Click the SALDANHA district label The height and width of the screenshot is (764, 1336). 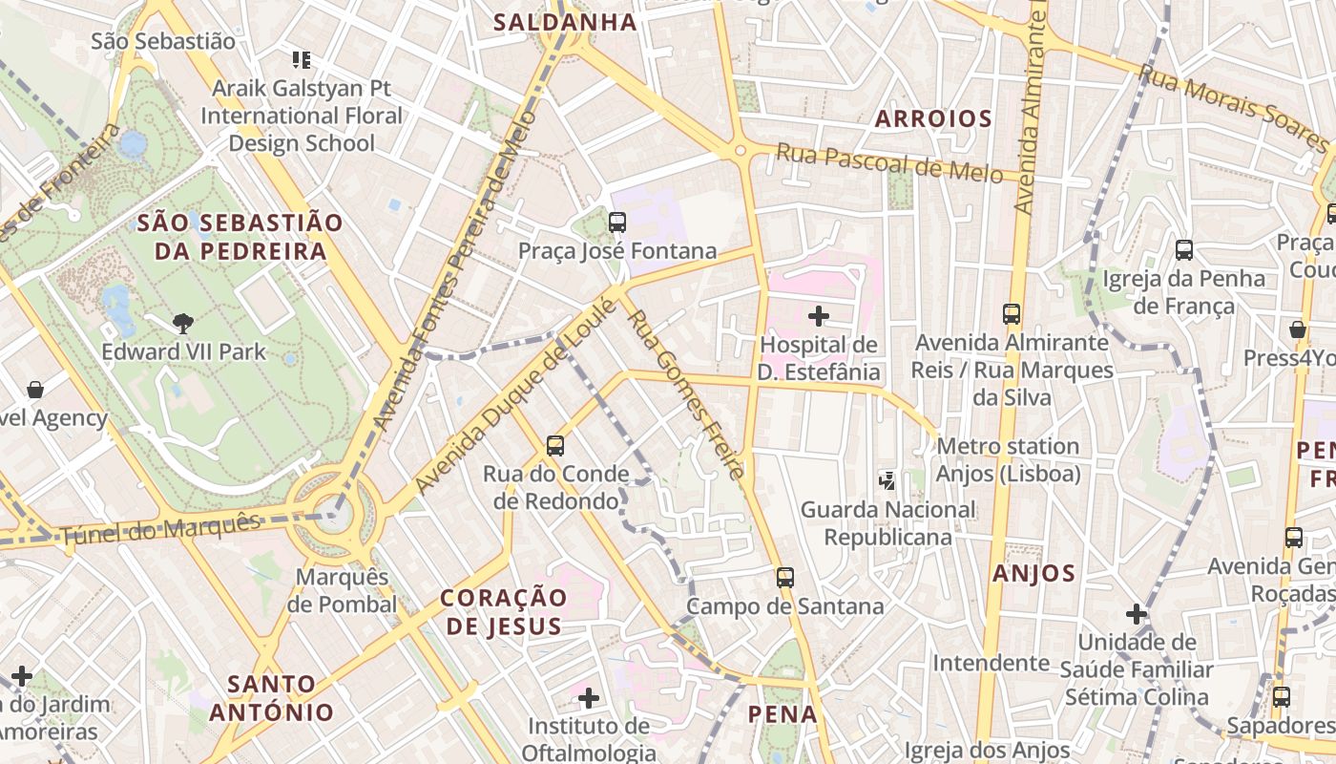tap(564, 22)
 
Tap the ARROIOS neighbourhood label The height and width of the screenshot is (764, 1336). tap(933, 119)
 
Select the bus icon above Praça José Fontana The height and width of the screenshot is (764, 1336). tap(616, 223)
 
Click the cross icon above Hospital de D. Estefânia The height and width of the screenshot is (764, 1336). tap(818, 316)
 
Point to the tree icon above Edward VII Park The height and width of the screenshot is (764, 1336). tap(183, 323)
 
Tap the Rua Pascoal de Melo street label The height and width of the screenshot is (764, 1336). tap(888, 162)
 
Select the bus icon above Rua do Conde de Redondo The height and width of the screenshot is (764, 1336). tap(554, 445)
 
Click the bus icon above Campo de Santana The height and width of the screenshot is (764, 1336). tap(784, 577)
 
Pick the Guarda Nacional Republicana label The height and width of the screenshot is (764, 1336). tap(887, 523)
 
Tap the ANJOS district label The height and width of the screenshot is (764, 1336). tap(1033, 574)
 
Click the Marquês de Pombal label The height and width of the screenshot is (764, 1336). tap(342, 590)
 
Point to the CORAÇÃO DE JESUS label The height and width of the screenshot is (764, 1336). tap(504, 611)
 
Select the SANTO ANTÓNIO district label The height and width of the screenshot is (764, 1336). tap(272, 697)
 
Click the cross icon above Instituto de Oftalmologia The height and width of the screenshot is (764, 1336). tap(589, 698)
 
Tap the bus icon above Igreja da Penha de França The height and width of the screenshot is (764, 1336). tap(1183, 250)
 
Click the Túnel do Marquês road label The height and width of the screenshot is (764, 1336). tap(159, 528)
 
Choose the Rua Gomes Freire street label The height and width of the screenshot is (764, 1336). tap(684, 393)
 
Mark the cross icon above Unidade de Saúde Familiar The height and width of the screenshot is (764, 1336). tap(1136, 613)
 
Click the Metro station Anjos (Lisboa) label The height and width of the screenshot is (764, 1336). tap(1009, 459)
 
